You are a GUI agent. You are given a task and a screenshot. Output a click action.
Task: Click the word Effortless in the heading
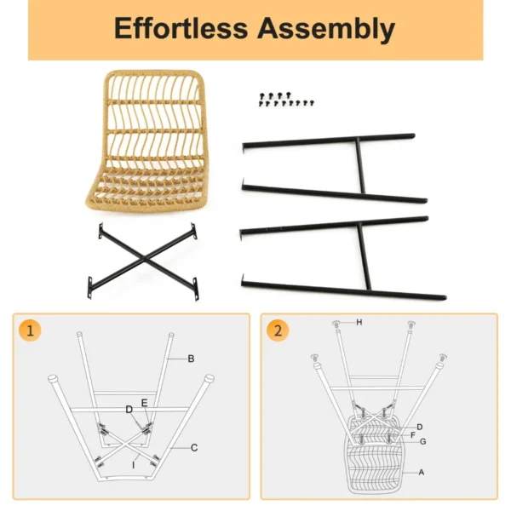coord(181,29)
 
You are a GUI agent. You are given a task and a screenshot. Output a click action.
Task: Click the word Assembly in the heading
coord(327,29)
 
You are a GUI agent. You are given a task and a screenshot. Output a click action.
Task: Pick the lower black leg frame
coord(341,255)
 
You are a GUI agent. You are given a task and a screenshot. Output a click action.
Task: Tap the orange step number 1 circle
coord(30,332)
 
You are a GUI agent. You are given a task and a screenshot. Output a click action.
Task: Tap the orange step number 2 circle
coord(278,332)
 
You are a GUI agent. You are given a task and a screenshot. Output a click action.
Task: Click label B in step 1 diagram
coord(192,359)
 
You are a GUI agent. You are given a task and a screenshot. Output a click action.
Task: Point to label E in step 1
coord(145,402)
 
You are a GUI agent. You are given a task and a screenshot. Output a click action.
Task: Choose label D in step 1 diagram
coord(129,410)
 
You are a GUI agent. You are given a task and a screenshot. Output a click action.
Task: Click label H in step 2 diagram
coord(359,322)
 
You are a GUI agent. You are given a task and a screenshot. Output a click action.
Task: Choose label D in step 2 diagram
coord(420,426)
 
